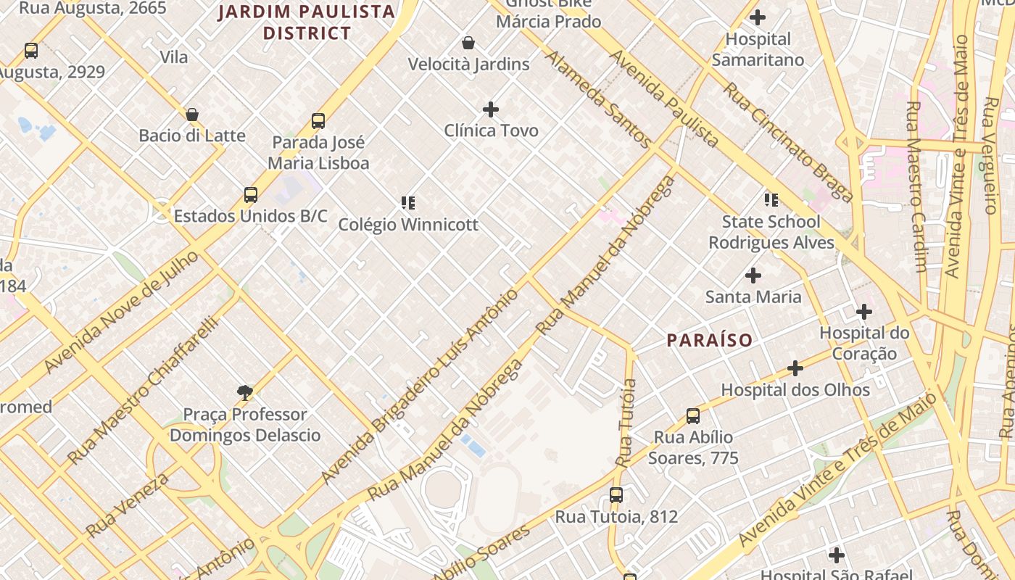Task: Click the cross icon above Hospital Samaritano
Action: (x=758, y=17)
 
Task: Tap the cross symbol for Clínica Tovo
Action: (x=491, y=109)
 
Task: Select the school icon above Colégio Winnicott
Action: (x=408, y=203)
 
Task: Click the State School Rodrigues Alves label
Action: (x=771, y=232)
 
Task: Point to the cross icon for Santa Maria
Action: (x=753, y=275)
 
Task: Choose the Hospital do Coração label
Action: (x=864, y=344)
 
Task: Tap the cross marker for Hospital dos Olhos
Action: (x=795, y=368)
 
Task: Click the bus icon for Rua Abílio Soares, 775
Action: (x=693, y=416)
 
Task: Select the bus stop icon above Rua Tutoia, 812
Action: (x=616, y=495)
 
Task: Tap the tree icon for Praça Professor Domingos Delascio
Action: (x=245, y=393)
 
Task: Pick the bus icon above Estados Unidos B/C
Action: (x=251, y=195)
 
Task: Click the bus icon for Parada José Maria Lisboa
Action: (x=318, y=121)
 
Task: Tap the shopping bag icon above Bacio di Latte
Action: (x=192, y=115)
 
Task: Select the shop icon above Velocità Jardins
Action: (x=468, y=43)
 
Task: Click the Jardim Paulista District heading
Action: (x=307, y=22)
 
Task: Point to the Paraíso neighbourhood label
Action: (x=709, y=340)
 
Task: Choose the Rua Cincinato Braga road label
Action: (x=788, y=142)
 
